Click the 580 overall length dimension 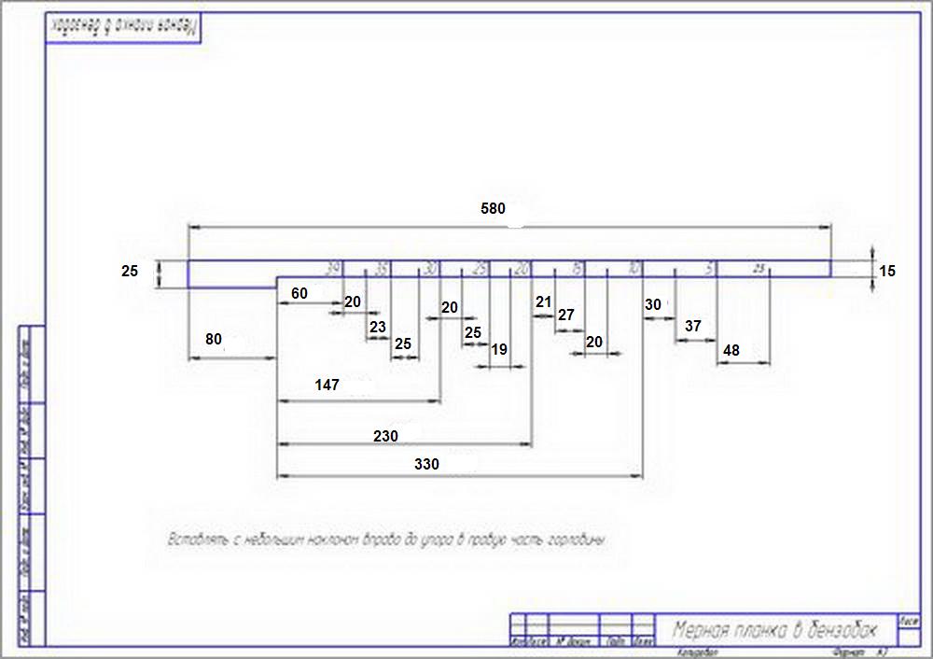tap(493, 209)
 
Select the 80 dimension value tap(214, 340)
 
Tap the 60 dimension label tap(299, 293)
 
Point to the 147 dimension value tap(327, 385)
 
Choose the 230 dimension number tap(385, 436)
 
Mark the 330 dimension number tap(426, 463)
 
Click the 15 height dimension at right tap(886, 272)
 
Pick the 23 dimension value tap(377, 327)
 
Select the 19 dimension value tap(499, 349)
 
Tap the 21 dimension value tap(543, 301)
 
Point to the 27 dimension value tap(565, 315)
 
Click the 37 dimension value tap(692, 326)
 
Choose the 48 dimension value tap(731, 350)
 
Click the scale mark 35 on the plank tap(381, 269)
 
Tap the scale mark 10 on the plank tap(634, 269)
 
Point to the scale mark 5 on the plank tap(710, 269)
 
